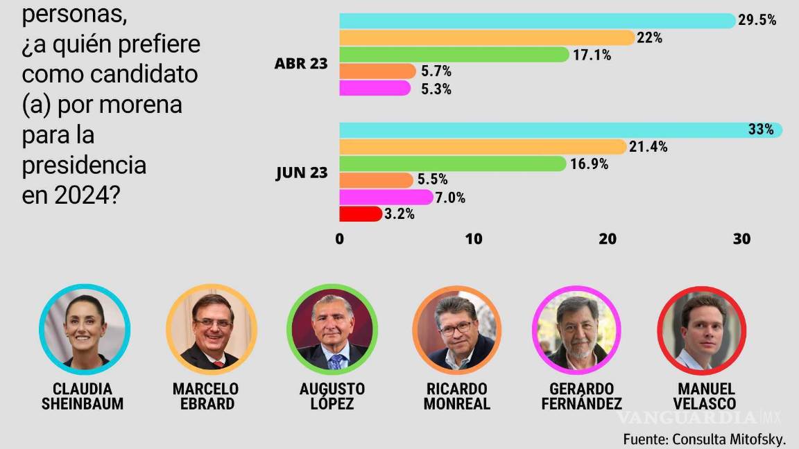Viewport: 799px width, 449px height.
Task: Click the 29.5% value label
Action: [757, 21]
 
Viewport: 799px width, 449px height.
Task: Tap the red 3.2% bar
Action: [360, 213]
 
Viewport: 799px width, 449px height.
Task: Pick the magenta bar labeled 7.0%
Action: [386, 197]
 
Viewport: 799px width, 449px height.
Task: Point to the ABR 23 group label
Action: [301, 64]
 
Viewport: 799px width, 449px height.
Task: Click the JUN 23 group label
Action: [301, 173]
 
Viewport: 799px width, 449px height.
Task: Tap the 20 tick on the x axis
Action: [608, 239]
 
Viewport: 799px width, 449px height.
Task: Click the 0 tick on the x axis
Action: [339, 239]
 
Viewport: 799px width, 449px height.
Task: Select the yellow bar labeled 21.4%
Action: [482, 147]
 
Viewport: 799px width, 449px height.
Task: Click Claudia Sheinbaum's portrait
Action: [85, 330]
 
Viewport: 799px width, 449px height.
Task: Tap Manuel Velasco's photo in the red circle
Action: [701, 330]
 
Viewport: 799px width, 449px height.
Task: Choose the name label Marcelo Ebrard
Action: [205, 396]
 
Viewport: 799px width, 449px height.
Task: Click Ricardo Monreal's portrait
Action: [456, 330]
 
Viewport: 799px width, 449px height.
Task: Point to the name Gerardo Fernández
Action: [579, 396]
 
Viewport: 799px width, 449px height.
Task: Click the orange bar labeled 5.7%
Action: [377, 71]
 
